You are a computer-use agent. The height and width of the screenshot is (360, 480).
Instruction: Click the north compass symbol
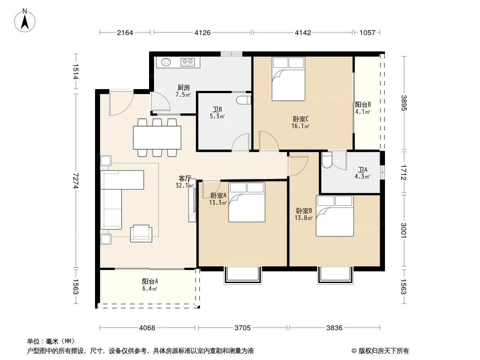pos(25,20)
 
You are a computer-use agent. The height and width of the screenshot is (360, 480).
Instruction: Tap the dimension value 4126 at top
pos(202,32)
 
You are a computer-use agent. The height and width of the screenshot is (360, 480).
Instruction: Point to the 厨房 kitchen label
pos(183,88)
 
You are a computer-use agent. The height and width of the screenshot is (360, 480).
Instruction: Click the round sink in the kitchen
pos(166,62)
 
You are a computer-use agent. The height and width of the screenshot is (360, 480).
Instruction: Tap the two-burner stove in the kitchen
pos(187,62)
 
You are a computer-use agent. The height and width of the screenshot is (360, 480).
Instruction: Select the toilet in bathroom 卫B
pos(244,100)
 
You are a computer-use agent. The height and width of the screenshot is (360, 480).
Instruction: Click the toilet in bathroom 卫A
pos(327,160)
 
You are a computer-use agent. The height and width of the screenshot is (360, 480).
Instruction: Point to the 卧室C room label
pos(301,119)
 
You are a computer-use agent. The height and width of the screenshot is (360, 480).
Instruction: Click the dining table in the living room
pos(157,138)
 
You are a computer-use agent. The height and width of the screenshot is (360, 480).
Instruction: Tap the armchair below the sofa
pos(141,234)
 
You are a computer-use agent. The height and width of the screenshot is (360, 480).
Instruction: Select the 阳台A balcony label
pos(150,281)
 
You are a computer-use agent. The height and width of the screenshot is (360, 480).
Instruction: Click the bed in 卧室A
pos(246,202)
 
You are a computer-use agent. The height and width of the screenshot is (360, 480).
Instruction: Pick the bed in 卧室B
pos(335,216)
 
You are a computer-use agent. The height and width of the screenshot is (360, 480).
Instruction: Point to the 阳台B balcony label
pos(363,104)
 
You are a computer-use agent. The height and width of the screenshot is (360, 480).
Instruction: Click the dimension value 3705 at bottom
pos(242,328)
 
